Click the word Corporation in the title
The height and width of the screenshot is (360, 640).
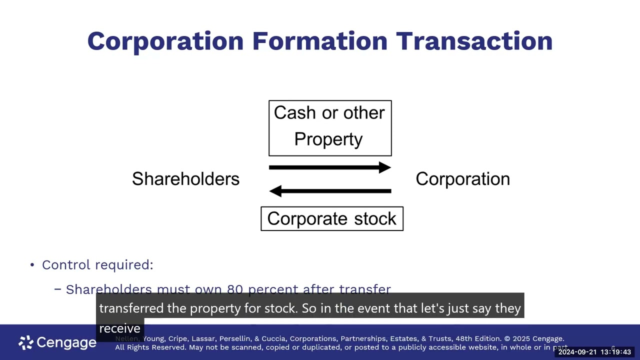tap(165, 41)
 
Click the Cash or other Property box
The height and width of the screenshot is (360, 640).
tap(330, 128)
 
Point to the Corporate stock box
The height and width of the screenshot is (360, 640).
tap(332, 219)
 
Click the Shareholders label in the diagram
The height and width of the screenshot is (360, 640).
tap(185, 179)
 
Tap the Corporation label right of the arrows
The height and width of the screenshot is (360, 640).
tap(462, 179)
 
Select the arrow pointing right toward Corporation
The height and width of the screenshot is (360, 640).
tap(330, 167)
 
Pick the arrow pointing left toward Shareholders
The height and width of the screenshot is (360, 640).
tap(330, 190)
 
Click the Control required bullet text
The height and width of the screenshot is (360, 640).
tap(97, 264)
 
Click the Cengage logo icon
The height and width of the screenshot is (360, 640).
tap(26, 342)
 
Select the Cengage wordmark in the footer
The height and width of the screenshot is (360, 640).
tap(66, 342)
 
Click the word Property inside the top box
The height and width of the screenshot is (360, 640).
tap(328, 139)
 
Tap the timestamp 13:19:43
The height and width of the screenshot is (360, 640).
tap(616, 352)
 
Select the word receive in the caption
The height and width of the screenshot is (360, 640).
tap(119, 328)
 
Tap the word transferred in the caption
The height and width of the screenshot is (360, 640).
tap(131, 308)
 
